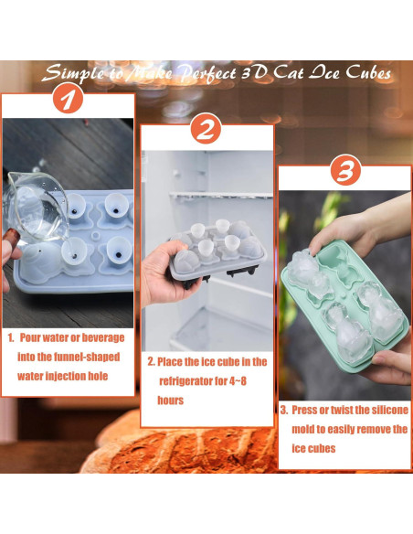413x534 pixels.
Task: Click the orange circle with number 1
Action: (x=65, y=98)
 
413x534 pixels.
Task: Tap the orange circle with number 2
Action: (x=206, y=130)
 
